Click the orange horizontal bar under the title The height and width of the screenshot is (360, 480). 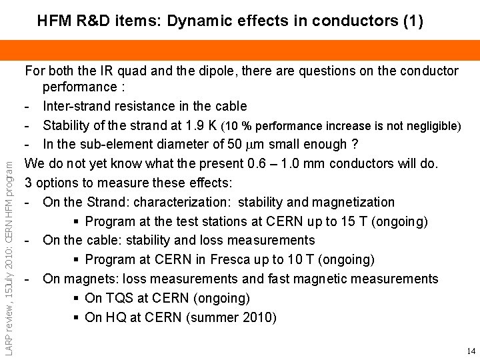click(x=240, y=49)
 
